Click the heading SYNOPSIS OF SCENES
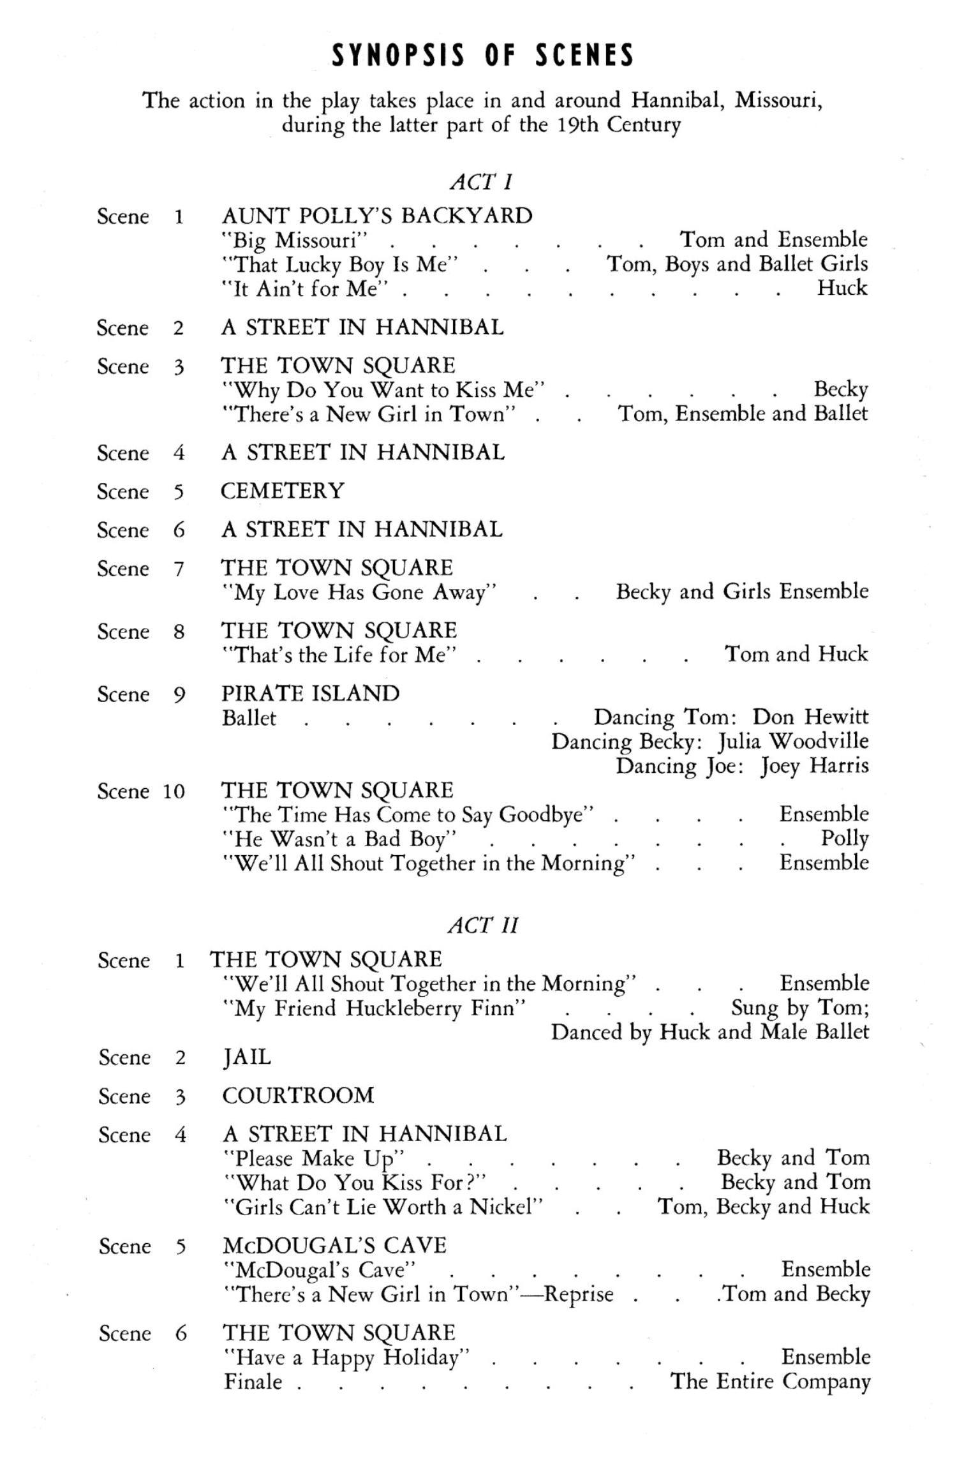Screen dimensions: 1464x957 tap(483, 56)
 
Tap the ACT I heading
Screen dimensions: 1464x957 tap(481, 182)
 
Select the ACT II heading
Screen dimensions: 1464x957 tap(483, 925)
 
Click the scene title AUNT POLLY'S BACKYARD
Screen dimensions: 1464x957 tap(376, 216)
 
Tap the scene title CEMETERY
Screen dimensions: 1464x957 tap(282, 491)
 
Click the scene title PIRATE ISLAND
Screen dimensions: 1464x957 tap(310, 693)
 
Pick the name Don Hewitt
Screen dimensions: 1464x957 tap(810, 717)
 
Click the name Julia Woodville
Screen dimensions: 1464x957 tap(793, 742)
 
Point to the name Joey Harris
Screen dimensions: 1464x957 tap(815, 766)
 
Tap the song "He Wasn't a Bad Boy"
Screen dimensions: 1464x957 tap(339, 839)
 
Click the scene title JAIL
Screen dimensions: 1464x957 tap(246, 1057)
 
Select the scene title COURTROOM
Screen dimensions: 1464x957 tap(298, 1095)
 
